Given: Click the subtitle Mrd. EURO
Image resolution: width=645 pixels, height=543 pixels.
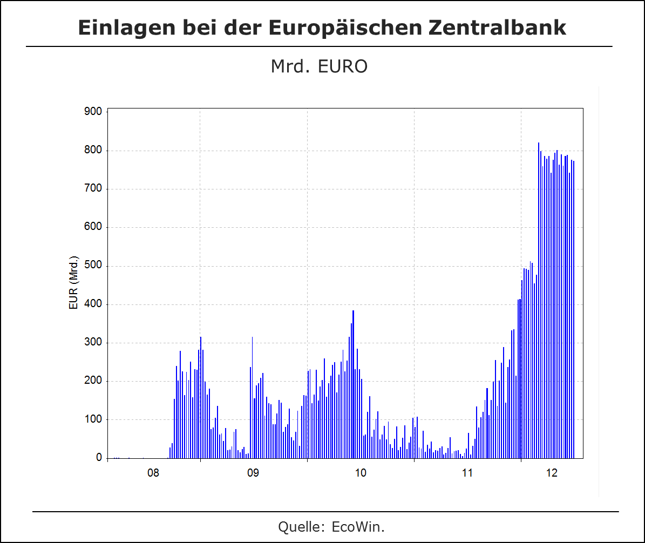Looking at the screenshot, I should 319,66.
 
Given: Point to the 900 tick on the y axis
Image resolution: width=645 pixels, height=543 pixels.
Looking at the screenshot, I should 93,112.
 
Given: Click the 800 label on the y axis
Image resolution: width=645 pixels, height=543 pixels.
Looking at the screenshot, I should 93,151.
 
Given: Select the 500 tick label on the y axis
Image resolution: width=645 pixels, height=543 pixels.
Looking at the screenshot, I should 93,266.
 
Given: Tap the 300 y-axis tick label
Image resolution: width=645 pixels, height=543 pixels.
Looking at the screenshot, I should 93,343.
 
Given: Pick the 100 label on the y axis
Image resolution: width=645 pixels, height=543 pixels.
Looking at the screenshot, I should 93,419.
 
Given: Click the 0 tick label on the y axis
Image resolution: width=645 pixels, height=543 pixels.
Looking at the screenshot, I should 99,458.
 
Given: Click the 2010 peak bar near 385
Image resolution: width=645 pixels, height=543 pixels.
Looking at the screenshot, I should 353,383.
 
